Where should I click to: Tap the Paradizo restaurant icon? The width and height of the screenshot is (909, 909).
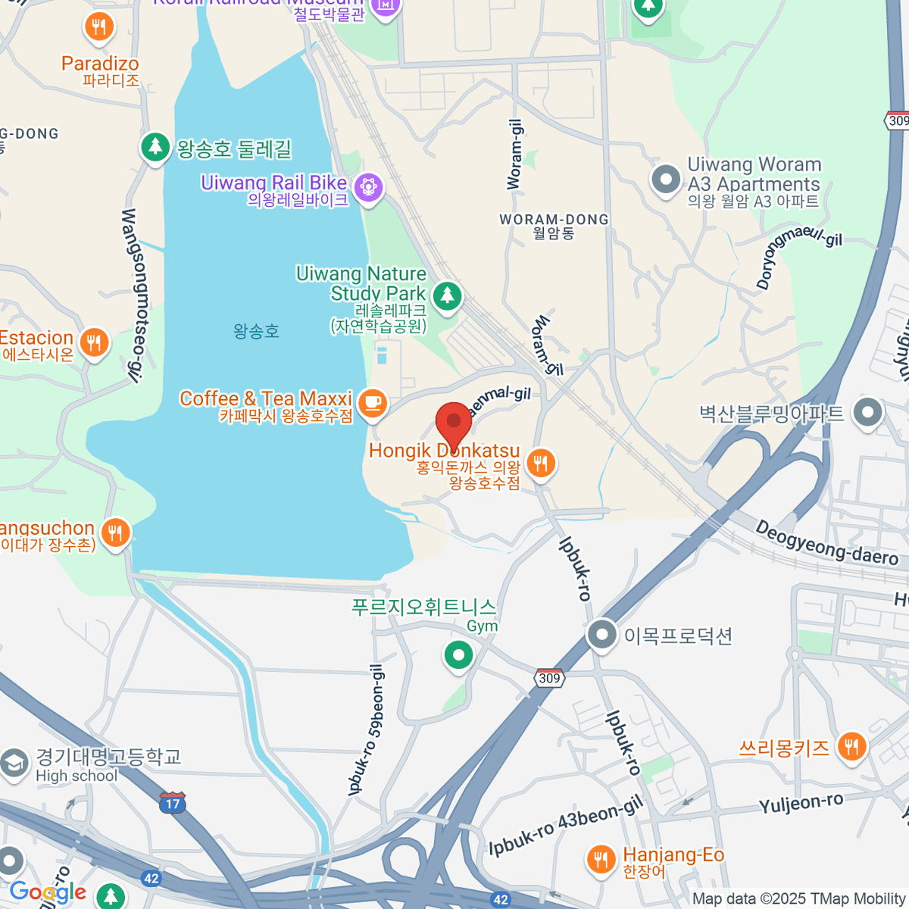tap(98, 28)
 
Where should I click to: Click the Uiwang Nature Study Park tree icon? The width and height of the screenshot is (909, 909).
tap(447, 295)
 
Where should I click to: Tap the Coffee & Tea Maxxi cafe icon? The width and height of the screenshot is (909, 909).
tap(372, 402)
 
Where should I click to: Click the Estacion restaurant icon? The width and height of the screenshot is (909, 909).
tap(94, 343)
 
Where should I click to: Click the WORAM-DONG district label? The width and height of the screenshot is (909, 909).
tap(554, 226)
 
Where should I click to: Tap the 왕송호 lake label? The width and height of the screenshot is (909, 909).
tap(256, 331)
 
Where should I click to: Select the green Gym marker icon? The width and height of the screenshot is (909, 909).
tap(458, 655)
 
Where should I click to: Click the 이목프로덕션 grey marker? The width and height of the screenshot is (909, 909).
tap(602, 635)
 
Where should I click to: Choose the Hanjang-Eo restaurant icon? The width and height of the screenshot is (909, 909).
tap(601, 859)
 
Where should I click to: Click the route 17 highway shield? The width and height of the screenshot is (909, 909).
tap(173, 802)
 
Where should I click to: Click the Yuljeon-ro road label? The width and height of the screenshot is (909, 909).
tap(801, 803)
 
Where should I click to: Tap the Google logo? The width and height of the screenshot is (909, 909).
tap(48, 892)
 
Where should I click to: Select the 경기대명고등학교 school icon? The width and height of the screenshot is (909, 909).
tap(14, 764)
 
